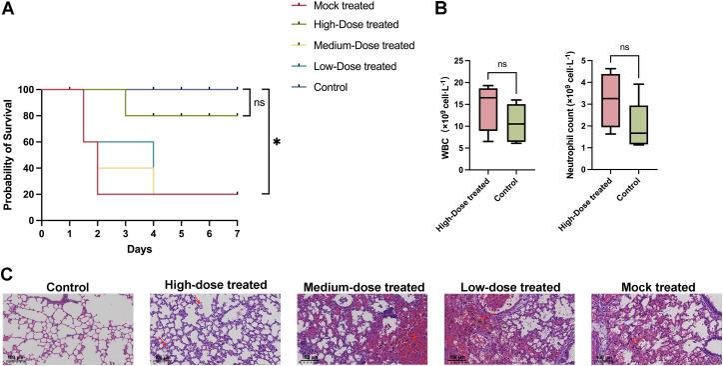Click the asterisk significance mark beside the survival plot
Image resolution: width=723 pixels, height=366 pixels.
(276, 144)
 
